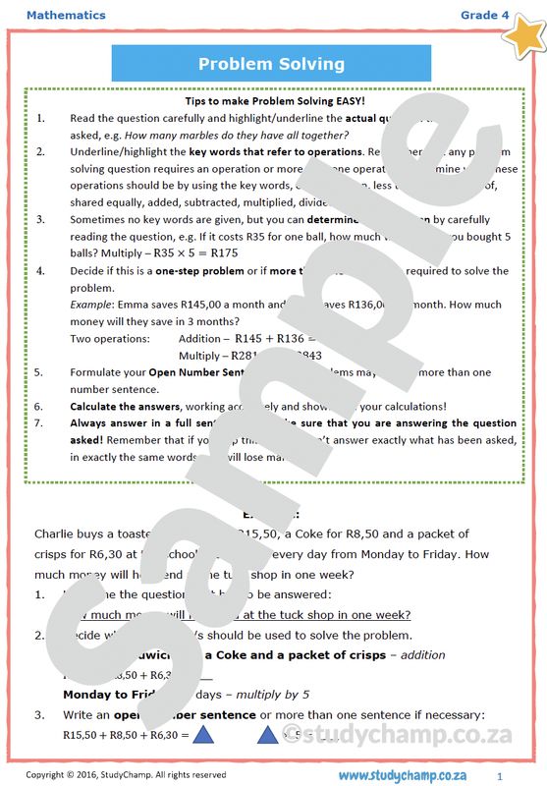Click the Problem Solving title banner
tap(271, 65)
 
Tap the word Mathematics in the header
tap(66, 15)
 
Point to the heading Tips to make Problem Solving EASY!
tap(275, 101)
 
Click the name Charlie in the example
tap(57, 533)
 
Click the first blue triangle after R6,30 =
tap(203, 735)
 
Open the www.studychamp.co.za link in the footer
tap(409, 775)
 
